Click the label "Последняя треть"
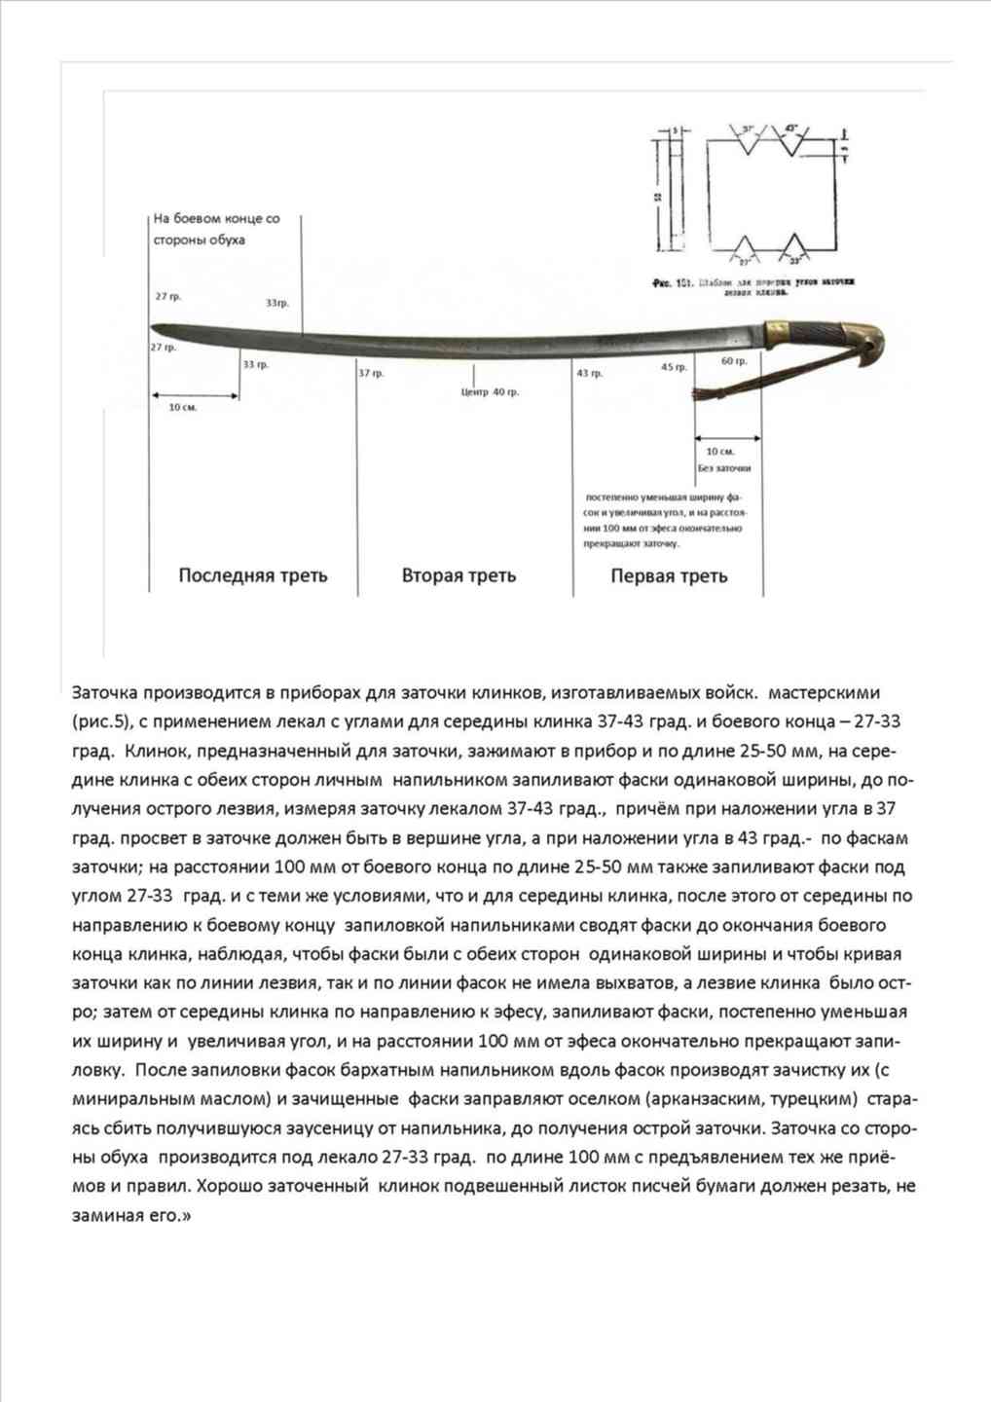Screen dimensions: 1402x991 point(253,575)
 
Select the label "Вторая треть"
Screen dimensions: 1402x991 point(459,575)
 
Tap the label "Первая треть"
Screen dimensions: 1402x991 point(669,575)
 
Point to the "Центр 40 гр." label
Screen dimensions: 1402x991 point(490,391)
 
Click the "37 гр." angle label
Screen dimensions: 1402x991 point(371,373)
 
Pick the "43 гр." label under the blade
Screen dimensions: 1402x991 point(589,373)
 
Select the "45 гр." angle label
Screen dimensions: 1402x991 point(674,367)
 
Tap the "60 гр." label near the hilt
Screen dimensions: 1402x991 point(734,360)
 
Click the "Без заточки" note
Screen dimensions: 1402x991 point(723,468)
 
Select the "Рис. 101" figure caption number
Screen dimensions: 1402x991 point(671,283)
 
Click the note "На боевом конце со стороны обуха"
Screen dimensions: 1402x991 point(215,229)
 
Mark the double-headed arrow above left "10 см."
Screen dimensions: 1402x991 point(195,395)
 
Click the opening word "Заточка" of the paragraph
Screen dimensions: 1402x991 point(105,693)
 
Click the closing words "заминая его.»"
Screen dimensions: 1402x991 point(131,1215)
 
